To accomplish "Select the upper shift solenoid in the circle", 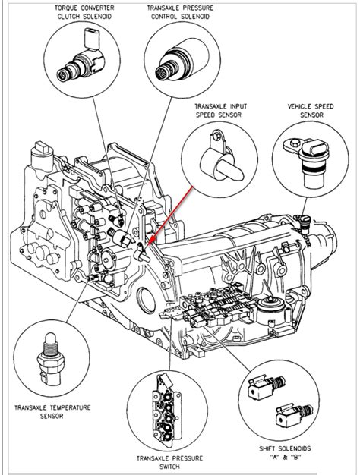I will (x=264, y=388).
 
